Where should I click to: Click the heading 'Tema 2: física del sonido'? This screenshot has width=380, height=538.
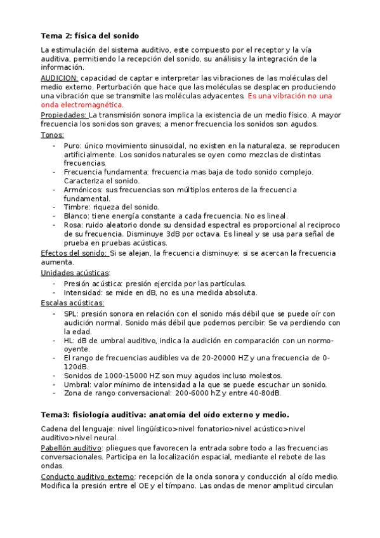(89, 36)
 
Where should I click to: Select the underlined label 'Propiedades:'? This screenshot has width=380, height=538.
(63, 115)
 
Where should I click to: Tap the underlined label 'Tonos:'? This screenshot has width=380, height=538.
(52, 134)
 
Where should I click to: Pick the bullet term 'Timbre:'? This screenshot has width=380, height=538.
(77, 207)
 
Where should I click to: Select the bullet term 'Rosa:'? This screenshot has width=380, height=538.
(74, 225)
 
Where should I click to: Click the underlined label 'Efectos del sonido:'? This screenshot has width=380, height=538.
(74, 253)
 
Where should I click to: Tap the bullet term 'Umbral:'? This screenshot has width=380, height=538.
(79, 384)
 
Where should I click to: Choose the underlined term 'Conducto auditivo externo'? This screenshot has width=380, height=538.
(88, 476)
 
